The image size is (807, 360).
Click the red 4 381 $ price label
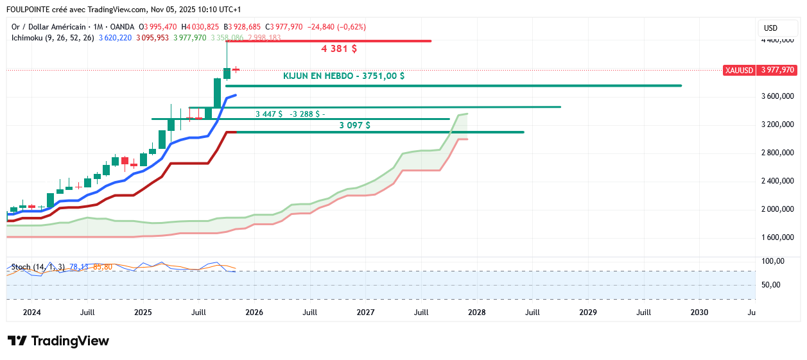tap(339, 49)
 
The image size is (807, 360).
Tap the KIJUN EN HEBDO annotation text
tap(343, 76)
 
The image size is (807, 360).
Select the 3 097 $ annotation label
tap(354, 125)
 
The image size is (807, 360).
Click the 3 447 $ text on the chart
tap(268, 114)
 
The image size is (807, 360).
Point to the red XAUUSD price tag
tap(738, 70)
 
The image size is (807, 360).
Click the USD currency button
tap(770, 28)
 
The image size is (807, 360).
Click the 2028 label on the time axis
tap(476, 313)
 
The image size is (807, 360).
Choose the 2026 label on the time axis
tap(254, 313)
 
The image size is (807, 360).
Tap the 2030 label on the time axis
tap(699, 313)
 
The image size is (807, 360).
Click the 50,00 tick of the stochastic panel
tap(771, 285)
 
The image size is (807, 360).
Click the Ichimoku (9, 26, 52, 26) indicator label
tap(53, 38)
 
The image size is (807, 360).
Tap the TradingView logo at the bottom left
tap(58, 341)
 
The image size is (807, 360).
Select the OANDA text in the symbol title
tap(122, 27)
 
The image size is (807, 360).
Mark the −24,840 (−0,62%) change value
tap(336, 27)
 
